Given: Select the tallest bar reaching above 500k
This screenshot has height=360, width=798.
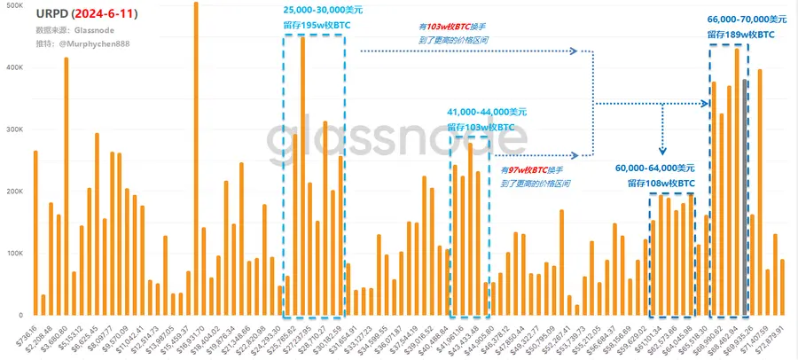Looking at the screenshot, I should pos(196,160).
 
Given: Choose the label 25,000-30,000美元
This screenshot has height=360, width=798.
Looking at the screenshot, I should pos(323,9).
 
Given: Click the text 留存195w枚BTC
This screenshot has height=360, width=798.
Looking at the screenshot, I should pos(317,25).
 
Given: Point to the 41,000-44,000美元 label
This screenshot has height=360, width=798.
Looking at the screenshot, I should pos(487,113).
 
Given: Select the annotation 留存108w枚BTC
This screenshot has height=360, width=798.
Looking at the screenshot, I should pos(661,183).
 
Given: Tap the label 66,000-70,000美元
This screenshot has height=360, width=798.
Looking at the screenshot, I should pos(747,19).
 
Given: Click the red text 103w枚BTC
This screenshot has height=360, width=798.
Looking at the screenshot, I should pos(453,28).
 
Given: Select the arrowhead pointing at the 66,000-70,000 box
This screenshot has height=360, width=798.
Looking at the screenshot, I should pos(705,104).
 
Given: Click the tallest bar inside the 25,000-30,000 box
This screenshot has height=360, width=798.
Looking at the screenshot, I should pos(303,177).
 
